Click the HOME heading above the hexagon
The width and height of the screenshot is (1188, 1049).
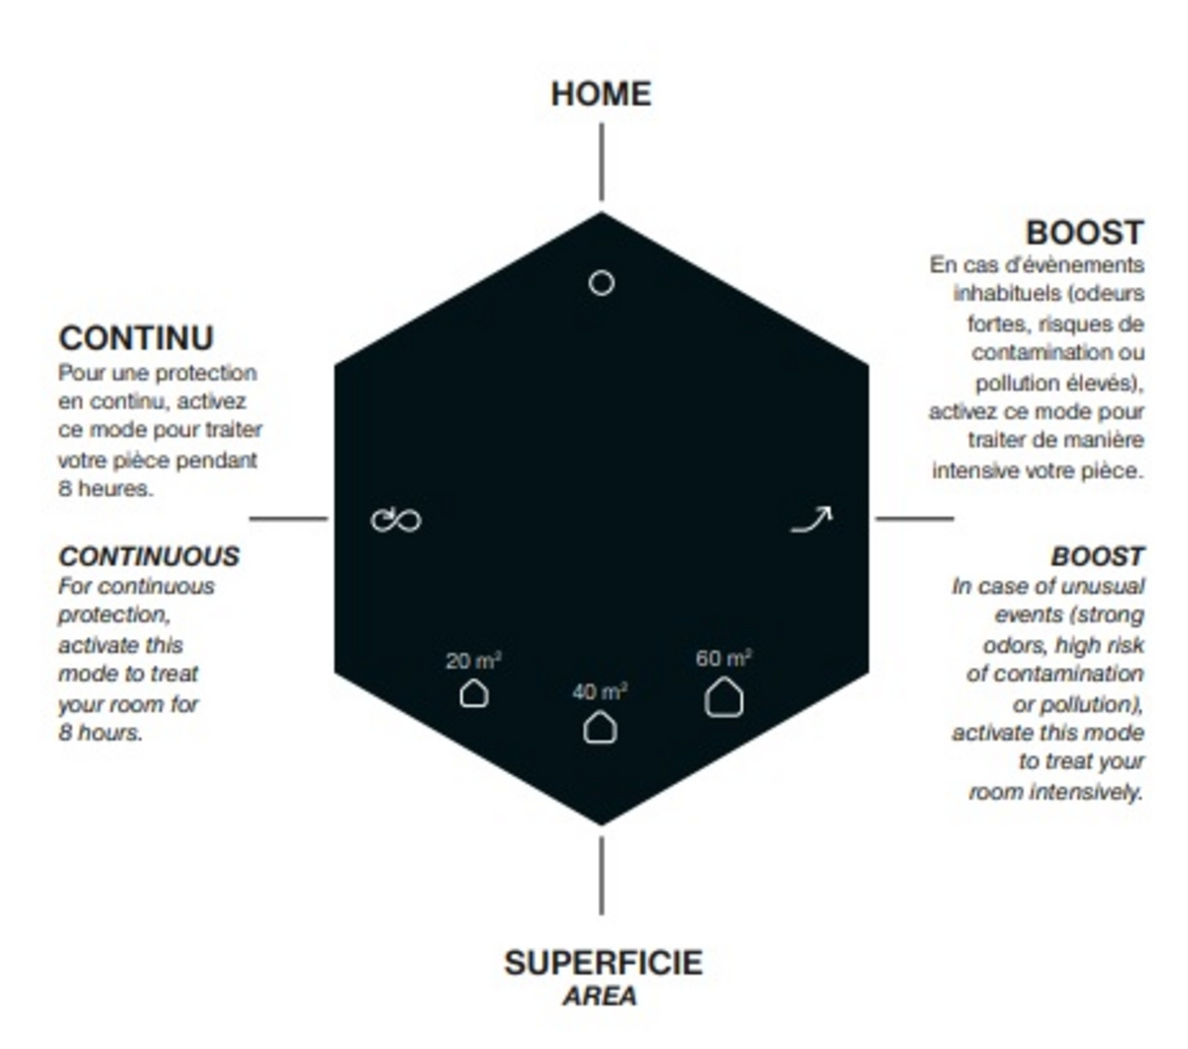(601, 94)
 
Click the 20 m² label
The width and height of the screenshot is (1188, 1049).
(473, 661)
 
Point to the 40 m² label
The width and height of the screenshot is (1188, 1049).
(600, 692)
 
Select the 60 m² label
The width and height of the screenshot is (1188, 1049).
(724, 658)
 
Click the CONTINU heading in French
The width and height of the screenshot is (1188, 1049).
(136, 338)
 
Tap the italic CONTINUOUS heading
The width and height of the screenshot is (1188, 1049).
(148, 556)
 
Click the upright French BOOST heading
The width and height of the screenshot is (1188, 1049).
(1084, 233)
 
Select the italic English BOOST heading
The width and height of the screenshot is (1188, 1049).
(1097, 556)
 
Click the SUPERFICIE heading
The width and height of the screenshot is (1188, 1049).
(603, 963)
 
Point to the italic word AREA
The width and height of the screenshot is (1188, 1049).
(600, 997)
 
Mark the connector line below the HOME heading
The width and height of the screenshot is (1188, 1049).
(601, 162)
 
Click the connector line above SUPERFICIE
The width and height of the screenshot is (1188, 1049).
(601, 876)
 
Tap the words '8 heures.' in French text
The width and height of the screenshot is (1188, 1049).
(106, 489)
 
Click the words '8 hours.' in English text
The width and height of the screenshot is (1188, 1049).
(100, 732)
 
